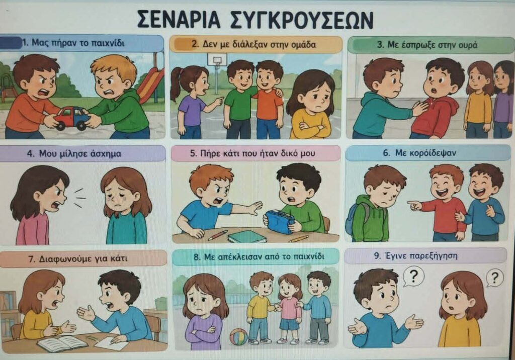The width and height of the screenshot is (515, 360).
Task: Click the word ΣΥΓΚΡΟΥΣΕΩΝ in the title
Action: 300,20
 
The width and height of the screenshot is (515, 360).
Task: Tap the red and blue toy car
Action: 71,118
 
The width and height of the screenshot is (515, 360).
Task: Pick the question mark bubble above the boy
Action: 413,277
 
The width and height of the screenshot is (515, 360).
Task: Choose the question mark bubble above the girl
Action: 495,278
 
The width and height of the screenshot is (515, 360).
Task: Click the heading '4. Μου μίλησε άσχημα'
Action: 74,153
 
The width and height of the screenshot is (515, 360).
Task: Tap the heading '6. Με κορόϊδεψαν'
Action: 419,153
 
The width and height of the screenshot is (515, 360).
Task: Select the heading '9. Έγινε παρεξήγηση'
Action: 416,255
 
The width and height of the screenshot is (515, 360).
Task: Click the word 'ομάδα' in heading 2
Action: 303,44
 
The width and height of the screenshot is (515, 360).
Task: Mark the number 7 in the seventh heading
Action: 31,259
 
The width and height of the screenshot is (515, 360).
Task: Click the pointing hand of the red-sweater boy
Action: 414,206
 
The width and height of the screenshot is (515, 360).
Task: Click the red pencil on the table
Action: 217,235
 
